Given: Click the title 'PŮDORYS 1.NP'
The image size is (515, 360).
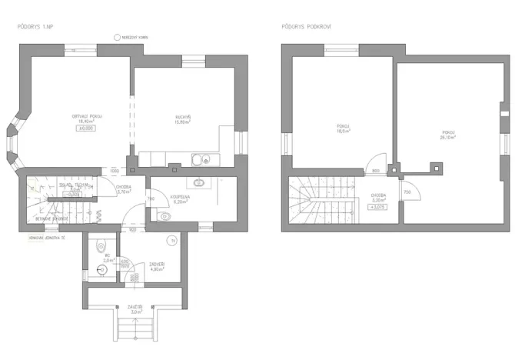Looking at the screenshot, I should (35, 26).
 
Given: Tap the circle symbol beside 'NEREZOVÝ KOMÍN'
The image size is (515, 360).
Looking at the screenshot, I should (116, 37).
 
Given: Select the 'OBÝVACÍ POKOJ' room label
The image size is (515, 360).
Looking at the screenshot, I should (87, 116).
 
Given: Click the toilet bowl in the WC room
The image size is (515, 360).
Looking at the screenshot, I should (101, 245).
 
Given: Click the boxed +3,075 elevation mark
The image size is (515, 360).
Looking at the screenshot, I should (377, 207).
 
